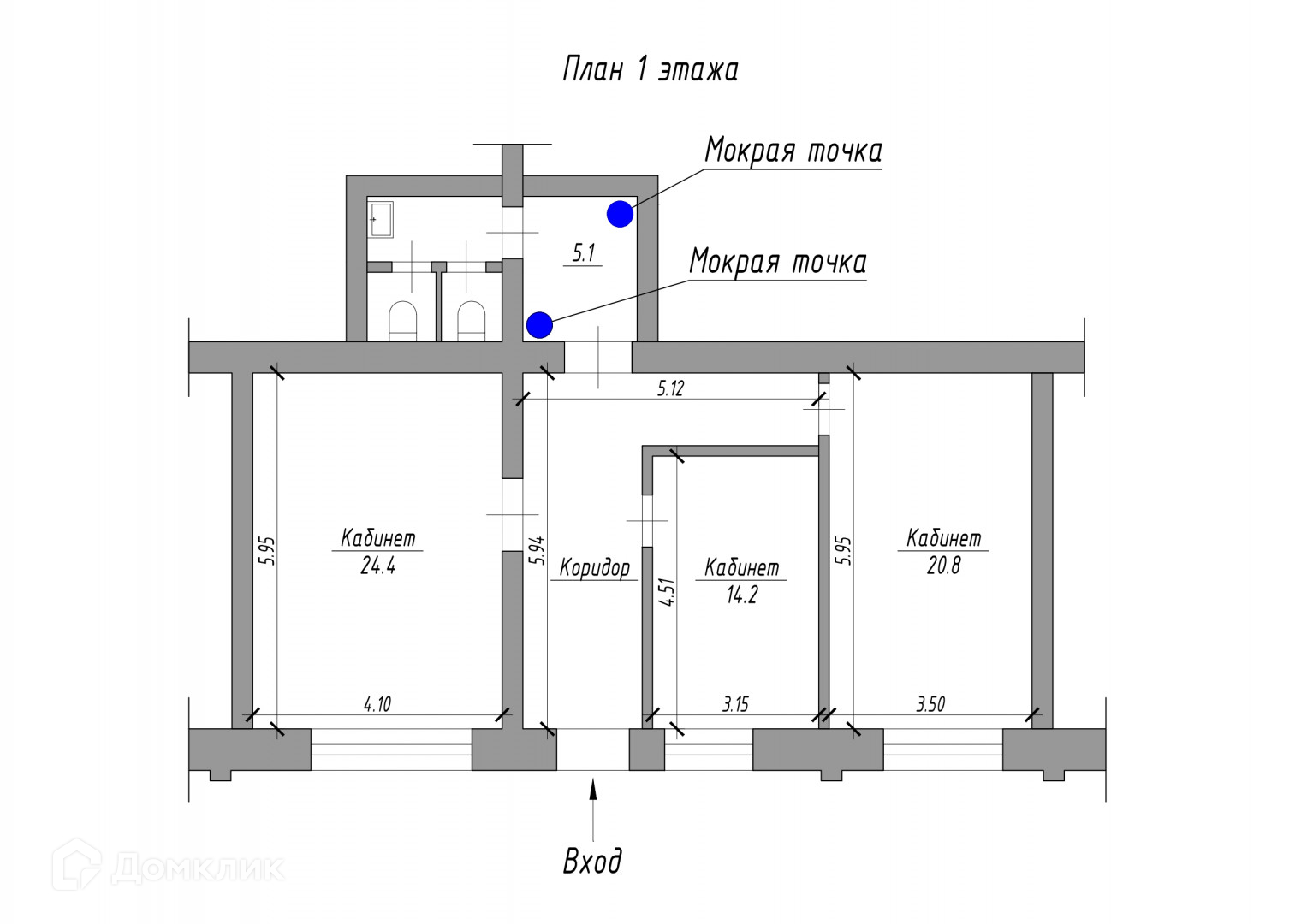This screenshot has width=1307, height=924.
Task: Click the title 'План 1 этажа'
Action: click(x=650, y=69)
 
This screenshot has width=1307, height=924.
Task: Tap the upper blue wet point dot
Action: click(x=620, y=214)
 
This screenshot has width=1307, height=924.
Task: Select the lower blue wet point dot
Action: click(x=539, y=325)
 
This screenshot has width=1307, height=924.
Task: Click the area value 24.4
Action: click(x=377, y=566)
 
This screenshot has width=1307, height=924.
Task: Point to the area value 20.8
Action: click(x=943, y=566)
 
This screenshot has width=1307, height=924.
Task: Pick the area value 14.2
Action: click(x=741, y=595)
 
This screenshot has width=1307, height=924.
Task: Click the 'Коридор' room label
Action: click(x=595, y=567)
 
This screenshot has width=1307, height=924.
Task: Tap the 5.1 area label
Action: click(x=583, y=253)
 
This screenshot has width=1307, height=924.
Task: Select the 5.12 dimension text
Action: click(x=670, y=388)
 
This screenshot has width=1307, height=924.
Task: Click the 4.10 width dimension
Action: click(x=377, y=704)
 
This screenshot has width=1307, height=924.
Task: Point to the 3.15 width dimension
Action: click(x=735, y=704)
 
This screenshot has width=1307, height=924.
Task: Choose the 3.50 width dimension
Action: click(x=930, y=704)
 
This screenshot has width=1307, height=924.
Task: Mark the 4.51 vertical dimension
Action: click(x=668, y=592)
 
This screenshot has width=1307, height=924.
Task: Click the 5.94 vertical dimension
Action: click(x=537, y=550)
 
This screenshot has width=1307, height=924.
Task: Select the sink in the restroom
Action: click(x=380, y=219)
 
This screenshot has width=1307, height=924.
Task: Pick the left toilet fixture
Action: click(x=402, y=321)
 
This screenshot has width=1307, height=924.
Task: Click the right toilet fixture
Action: click(x=471, y=321)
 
